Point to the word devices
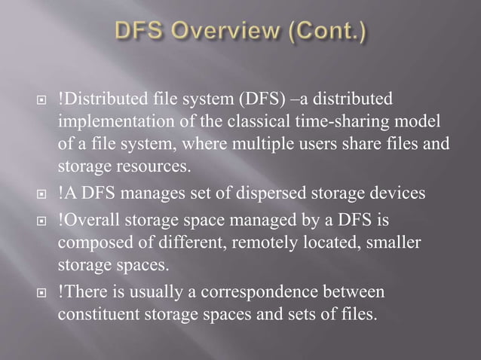click(397, 194)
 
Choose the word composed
click(90, 243)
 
